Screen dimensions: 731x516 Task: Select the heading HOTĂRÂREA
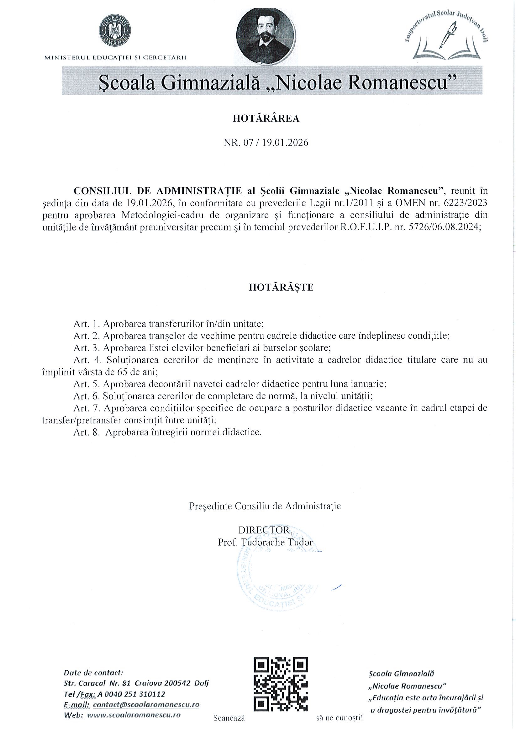tap(266, 119)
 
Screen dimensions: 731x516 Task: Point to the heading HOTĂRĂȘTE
tap(281, 287)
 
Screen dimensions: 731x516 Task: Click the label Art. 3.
tap(87, 348)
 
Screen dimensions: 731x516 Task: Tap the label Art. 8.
tap(87, 432)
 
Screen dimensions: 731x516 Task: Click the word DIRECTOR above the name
tap(265, 530)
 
